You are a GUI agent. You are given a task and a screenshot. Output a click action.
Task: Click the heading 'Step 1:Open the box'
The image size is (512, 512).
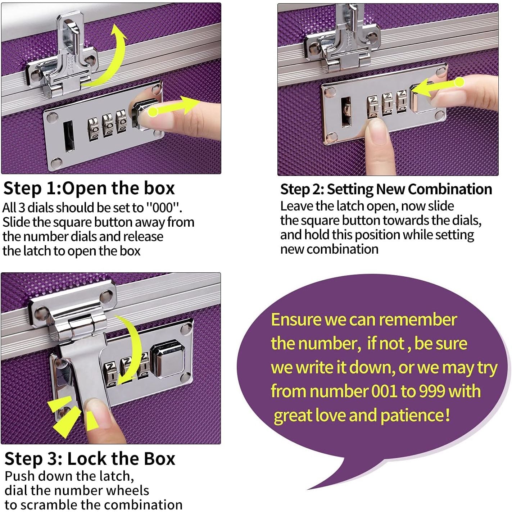coord(89,189)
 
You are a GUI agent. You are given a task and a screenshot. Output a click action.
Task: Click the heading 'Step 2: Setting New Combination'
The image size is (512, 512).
coord(386,189)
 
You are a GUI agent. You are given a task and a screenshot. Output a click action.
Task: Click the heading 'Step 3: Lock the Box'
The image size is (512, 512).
coord(90,459)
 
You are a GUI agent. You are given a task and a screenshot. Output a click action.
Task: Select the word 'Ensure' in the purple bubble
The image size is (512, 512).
coord(296,320)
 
